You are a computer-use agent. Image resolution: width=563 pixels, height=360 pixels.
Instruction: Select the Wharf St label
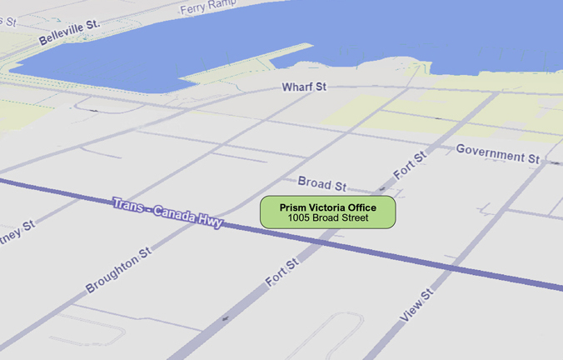point(304,87)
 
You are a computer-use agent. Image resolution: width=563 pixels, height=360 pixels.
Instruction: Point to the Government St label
point(498,153)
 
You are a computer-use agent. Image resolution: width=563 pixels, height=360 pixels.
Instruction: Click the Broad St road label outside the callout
point(321,183)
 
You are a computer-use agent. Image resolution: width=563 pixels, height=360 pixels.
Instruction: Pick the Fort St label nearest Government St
point(411,165)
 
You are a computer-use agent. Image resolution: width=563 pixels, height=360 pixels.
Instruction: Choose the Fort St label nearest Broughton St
point(282,273)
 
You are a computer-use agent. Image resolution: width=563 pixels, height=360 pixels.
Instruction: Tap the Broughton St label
point(118,269)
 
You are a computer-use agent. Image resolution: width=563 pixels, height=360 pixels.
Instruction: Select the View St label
point(417,306)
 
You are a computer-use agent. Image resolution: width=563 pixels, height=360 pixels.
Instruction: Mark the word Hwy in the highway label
point(210,222)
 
